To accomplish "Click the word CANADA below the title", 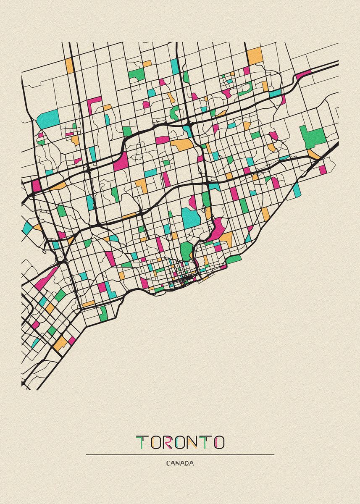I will (x=180, y=464).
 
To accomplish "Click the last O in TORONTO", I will (x=218, y=442).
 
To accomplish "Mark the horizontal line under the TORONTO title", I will (x=180, y=454).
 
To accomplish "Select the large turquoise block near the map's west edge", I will (x=48, y=118).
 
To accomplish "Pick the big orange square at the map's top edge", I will (x=255, y=56).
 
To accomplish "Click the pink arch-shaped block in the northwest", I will (x=94, y=102).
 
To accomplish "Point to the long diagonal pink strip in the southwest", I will (x=46, y=278).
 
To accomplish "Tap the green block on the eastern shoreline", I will (x=234, y=259).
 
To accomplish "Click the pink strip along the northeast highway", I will (x=303, y=75).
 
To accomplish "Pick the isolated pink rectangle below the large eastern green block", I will (x=322, y=170).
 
